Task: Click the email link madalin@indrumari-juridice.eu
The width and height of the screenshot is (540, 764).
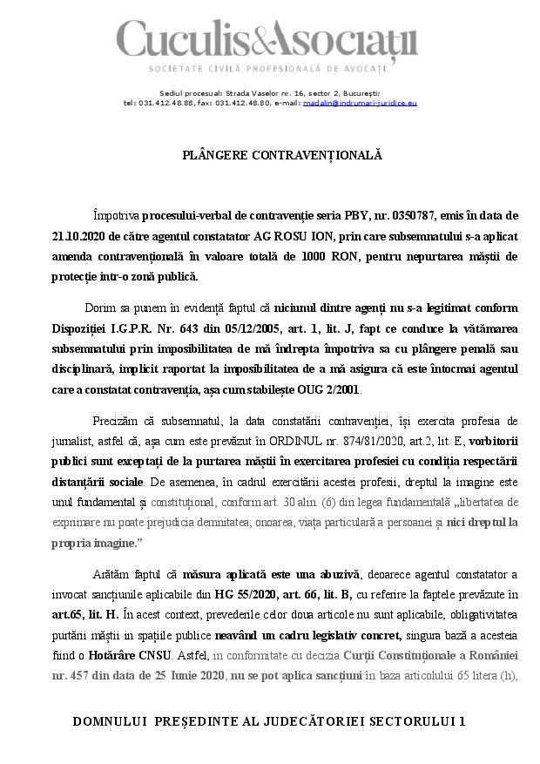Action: tap(360, 103)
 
